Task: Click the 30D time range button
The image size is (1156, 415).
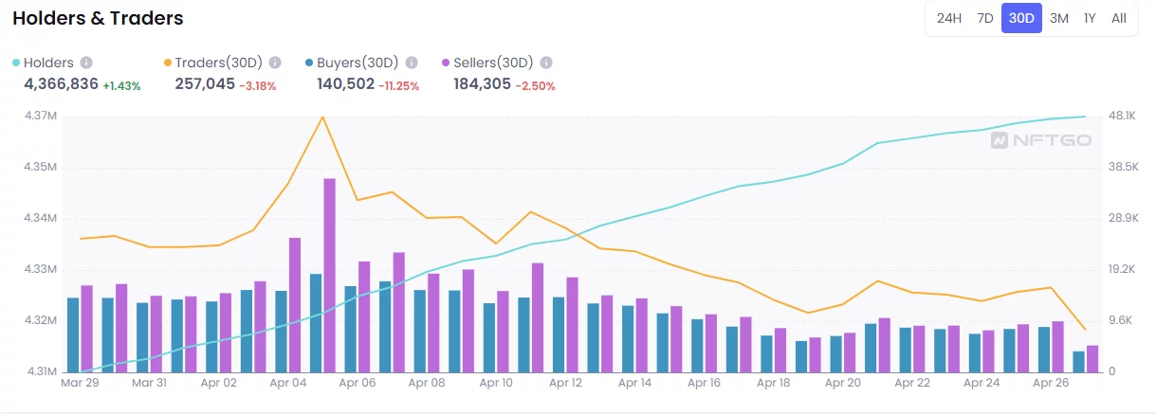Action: [x=1021, y=18]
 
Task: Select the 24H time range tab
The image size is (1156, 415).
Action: [x=949, y=18]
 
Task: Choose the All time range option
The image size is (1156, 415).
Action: [x=1119, y=18]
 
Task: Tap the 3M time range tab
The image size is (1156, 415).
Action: [x=1059, y=18]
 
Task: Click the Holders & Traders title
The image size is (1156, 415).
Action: [x=98, y=18]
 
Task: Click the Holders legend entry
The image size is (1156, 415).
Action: [x=47, y=63]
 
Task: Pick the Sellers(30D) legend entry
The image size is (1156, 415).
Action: [x=493, y=63]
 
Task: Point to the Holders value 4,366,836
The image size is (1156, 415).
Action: [x=61, y=84]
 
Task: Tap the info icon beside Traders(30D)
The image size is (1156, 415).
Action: [x=275, y=63]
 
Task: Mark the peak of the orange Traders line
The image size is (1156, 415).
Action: [x=323, y=117]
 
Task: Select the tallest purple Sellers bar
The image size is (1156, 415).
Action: [x=329, y=275]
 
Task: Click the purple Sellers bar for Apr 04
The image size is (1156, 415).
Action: [x=295, y=304]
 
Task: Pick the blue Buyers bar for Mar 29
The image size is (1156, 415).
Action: [x=73, y=334]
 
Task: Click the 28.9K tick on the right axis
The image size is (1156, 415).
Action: [x=1123, y=218]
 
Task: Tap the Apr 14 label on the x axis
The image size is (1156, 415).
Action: [x=633, y=384]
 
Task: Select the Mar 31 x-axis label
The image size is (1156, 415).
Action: [x=149, y=384]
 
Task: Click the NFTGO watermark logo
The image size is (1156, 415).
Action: [x=1040, y=140]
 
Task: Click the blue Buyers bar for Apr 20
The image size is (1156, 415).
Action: [x=835, y=353]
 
